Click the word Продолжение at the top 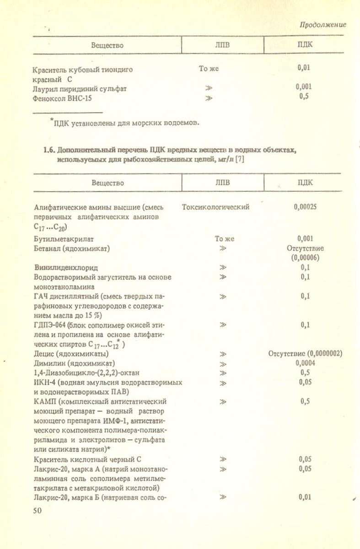pyautogui.click(x=322, y=25)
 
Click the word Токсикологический pyautogui.click(x=215, y=207)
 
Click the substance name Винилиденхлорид pyautogui.click(x=66, y=267)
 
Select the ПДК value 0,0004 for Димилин pyautogui.click(x=306, y=363)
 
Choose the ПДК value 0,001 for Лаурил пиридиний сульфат pyautogui.click(x=304, y=86)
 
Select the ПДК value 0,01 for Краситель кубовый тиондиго pyautogui.click(x=304, y=68)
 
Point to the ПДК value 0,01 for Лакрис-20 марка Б pyautogui.click(x=306, y=497)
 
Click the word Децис pyautogui.click(x=44, y=354)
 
